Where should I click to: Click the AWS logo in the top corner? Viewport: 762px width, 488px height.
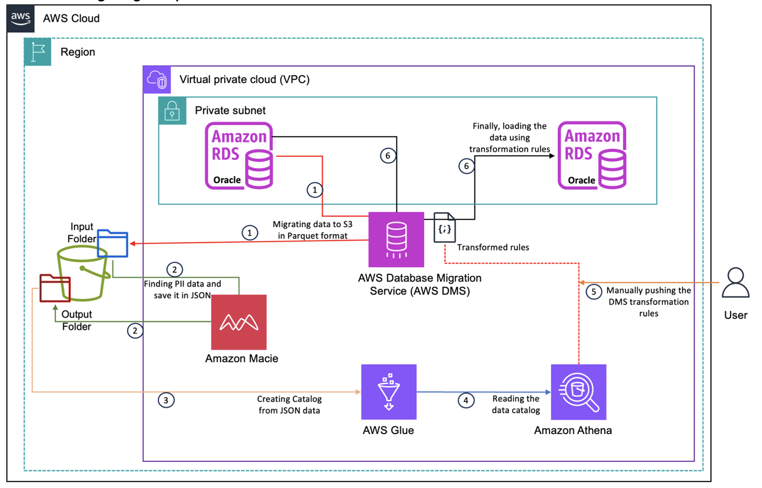[21, 19]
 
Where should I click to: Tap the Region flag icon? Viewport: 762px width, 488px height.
[37, 52]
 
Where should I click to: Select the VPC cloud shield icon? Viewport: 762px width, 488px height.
[157, 80]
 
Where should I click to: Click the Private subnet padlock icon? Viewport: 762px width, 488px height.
[172, 110]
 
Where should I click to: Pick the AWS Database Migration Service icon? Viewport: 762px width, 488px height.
[396, 240]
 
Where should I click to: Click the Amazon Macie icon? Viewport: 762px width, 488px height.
[239, 322]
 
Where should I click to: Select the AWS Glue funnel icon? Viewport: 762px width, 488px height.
[388, 392]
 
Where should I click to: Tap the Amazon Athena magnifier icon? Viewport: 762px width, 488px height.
[578, 392]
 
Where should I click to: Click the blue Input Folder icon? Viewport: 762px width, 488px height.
[113, 244]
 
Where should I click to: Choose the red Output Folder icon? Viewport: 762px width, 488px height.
[55, 288]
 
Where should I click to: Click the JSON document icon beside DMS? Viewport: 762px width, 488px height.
[444, 228]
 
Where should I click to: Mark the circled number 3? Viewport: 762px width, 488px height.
[166, 400]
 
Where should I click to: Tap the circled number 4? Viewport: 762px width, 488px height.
[466, 400]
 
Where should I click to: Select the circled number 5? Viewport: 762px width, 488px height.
[594, 292]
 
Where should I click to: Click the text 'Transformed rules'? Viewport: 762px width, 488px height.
[493, 247]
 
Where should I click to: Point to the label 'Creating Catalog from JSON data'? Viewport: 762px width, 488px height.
[289, 405]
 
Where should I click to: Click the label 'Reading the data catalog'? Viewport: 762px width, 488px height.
[516, 405]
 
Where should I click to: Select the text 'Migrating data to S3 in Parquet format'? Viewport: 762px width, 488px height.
[313, 230]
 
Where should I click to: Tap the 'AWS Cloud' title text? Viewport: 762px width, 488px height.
[71, 19]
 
